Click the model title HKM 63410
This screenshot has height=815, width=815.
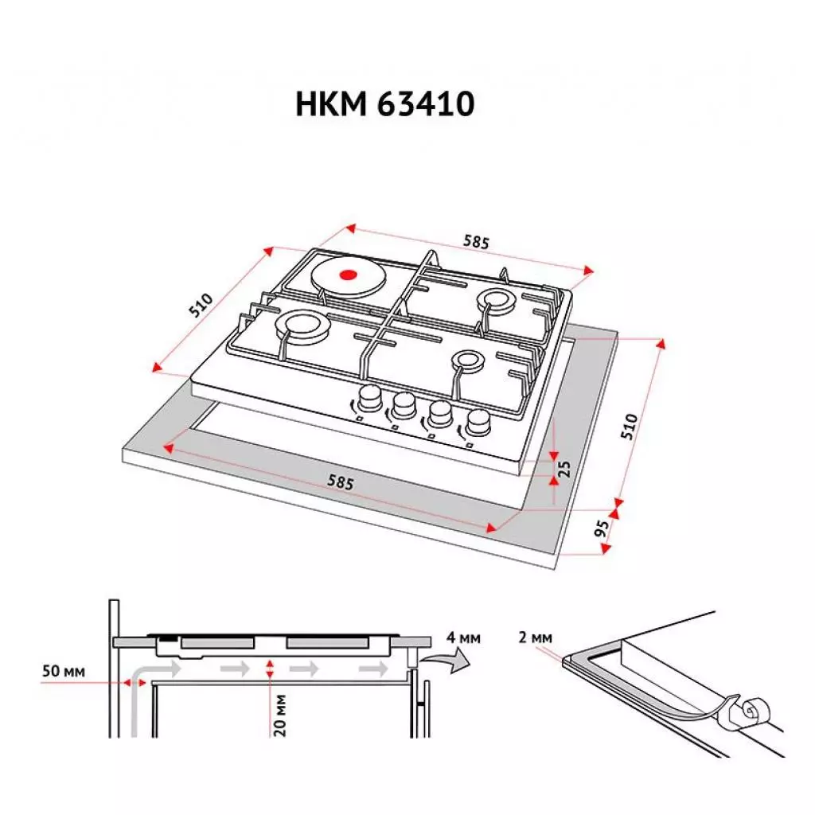385,103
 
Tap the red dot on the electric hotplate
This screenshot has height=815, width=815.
347,276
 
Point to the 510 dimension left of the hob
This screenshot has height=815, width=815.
201,306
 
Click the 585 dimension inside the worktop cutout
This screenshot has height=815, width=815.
340,482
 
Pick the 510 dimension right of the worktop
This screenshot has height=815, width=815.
630,427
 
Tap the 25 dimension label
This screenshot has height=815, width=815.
565,468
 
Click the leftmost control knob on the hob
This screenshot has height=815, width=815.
368,397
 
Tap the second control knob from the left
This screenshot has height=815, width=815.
402,404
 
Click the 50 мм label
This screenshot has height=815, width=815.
62,670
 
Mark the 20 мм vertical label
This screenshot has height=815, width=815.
279,715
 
